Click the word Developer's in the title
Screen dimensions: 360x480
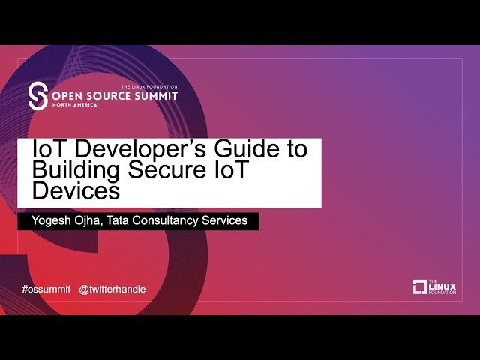130,149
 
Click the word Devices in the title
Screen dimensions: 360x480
75,190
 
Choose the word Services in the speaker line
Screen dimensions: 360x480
231,221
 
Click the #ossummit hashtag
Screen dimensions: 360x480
46,289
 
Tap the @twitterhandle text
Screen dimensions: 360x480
112,289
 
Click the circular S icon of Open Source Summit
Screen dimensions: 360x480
37,95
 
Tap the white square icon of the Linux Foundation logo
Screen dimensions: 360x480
419,286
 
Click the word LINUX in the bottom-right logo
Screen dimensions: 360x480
439,286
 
